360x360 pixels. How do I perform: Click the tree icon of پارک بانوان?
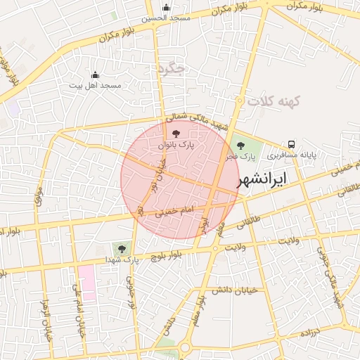(x=175, y=132)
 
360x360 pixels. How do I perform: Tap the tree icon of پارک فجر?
(x=240, y=146)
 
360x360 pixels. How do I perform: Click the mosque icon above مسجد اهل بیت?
(x=96, y=75)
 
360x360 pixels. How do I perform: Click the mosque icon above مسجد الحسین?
(x=166, y=8)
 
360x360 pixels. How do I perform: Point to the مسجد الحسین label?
(x=166, y=18)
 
